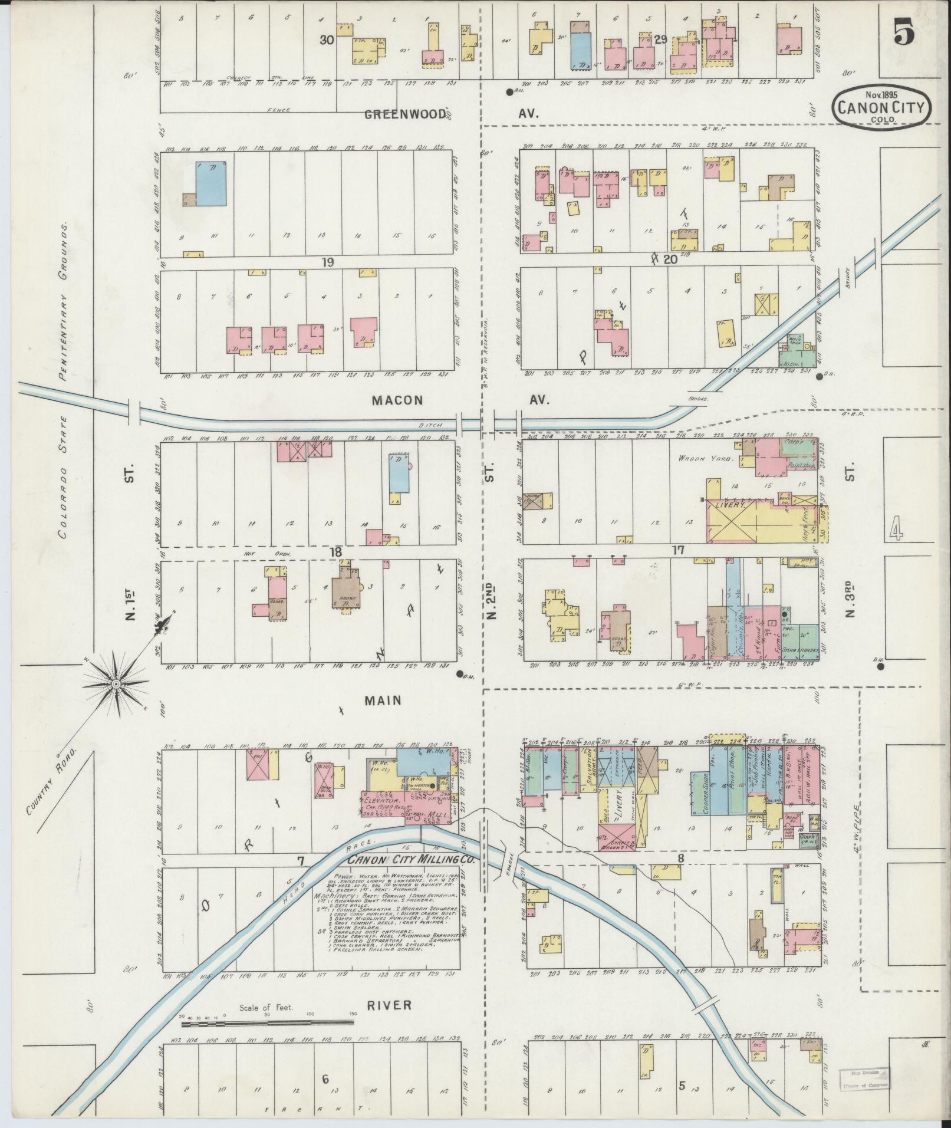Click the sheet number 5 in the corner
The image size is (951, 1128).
(x=904, y=31)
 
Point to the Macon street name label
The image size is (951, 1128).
(x=397, y=400)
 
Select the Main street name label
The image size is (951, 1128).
(x=383, y=701)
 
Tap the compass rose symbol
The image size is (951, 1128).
(x=116, y=683)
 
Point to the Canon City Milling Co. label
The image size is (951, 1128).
(x=411, y=860)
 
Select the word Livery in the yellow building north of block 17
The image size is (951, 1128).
(x=731, y=505)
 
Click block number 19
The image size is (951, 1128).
(x=328, y=261)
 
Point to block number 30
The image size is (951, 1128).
(x=327, y=40)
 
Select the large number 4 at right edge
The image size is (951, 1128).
(x=896, y=528)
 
